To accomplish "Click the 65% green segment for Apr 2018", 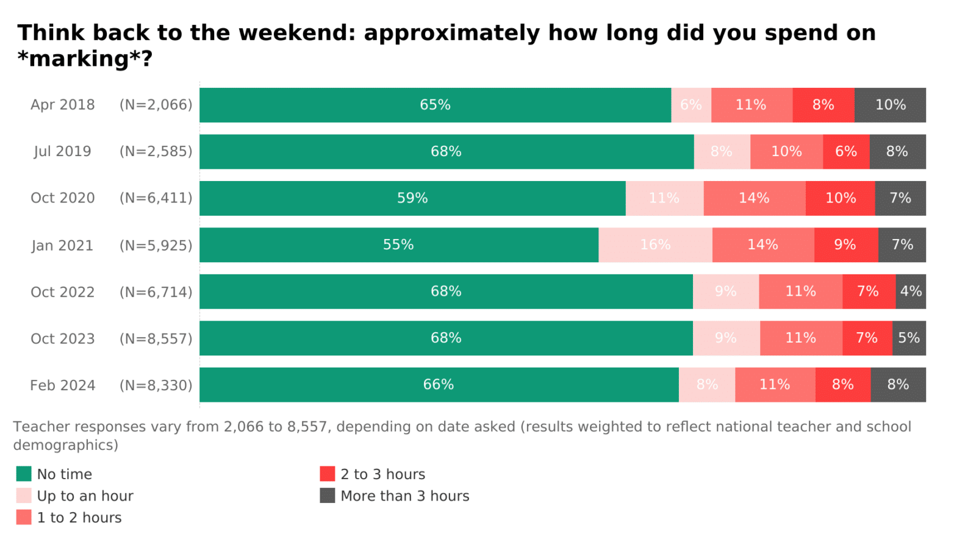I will [435, 105].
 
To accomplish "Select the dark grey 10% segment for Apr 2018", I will [890, 105].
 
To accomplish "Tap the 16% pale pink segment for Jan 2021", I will [655, 245].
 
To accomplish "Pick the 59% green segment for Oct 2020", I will [412, 198].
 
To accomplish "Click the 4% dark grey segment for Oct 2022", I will [911, 291].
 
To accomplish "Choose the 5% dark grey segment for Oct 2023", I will [909, 338].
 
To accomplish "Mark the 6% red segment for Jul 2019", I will [846, 152].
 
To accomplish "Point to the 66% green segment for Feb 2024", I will [439, 385].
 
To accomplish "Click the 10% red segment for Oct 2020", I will [840, 198].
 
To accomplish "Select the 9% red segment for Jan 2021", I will [845, 245].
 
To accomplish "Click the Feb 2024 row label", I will [63, 385].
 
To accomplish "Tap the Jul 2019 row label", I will [62, 152].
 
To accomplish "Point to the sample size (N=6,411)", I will [156, 198].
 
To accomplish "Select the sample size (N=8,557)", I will [156, 338].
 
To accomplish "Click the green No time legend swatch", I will [24, 474].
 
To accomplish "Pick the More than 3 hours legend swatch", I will [328, 496].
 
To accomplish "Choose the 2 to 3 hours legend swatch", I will [328, 474].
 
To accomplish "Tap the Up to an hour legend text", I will [85, 496].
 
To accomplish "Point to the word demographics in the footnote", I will [65, 445].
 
